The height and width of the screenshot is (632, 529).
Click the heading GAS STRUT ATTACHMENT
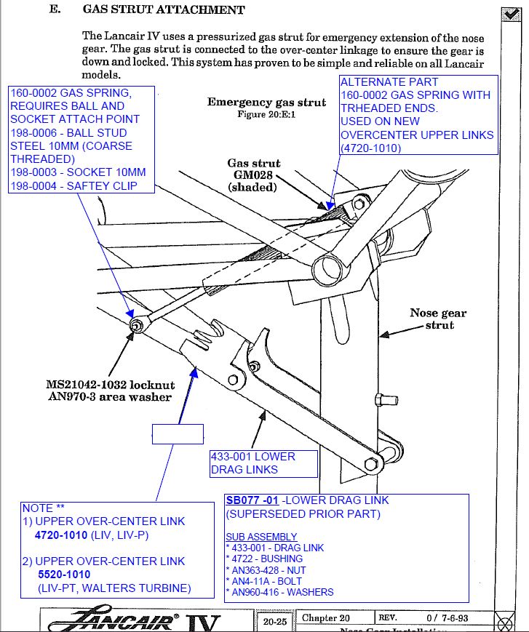(163, 10)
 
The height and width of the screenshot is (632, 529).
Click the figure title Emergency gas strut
(266, 103)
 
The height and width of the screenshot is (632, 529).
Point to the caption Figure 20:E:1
(266, 114)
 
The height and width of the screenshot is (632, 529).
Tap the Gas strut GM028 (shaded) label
(254, 175)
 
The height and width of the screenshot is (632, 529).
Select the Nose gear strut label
(437, 319)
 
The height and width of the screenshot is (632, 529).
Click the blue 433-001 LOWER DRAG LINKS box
(263, 463)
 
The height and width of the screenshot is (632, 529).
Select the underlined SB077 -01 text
(252, 500)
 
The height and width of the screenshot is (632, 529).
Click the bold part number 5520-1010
(64, 575)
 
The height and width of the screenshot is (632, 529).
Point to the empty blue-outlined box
(177, 433)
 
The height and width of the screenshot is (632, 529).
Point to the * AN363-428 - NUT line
(266, 571)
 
